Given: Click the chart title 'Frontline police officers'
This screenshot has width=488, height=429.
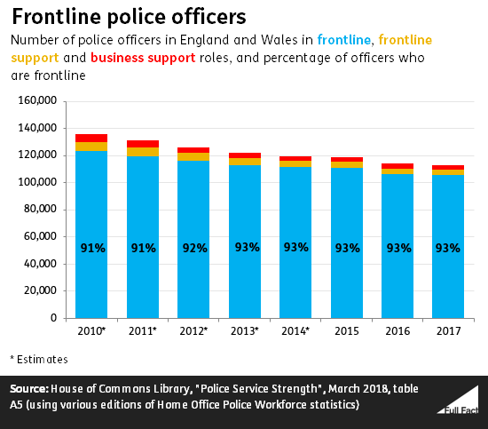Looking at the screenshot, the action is pyautogui.click(x=129, y=17).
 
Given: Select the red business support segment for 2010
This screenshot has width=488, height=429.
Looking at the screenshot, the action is pyautogui.click(x=91, y=138).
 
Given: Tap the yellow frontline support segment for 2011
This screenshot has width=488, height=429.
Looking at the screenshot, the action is pyautogui.click(x=143, y=152).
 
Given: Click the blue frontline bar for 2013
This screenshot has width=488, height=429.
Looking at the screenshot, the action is pyautogui.click(x=245, y=242).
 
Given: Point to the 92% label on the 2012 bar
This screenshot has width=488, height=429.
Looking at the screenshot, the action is pyautogui.click(x=195, y=248).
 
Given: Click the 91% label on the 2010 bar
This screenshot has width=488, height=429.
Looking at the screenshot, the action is pyautogui.click(x=93, y=248).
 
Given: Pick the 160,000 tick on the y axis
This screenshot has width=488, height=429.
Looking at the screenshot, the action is pyautogui.click(x=37, y=100).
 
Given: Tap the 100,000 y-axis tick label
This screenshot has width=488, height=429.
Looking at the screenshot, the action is pyautogui.click(x=37, y=181).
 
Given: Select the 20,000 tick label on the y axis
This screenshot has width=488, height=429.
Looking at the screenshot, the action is pyautogui.click(x=40, y=290).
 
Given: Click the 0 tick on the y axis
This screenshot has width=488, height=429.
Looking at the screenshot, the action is pyautogui.click(x=53, y=317).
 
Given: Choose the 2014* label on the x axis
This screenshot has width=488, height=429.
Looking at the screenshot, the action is pyautogui.click(x=295, y=331).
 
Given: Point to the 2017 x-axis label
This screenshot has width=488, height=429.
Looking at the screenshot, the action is pyautogui.click(x=448, y=331).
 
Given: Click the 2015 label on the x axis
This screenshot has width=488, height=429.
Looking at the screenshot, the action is pyautogui.click(x=347, y=331).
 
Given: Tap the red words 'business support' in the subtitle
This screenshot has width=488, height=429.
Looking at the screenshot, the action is pyautogui.click(x=143, y=59).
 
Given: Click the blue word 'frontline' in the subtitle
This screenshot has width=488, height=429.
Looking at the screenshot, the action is pyautogui.click(x=344, y=40).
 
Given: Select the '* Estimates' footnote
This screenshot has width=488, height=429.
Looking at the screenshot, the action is pyautogui.click(x=39, y=360).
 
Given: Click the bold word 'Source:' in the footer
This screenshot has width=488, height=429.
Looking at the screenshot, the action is pyautogui.click(x=29, y=389).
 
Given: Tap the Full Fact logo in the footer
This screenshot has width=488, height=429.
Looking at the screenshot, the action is pyautogui.click(x=458, y=401).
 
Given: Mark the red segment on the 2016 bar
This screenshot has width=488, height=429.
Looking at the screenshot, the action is pyautogui.click(x=397, y=166).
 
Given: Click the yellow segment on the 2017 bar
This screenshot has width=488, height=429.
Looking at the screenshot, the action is pyautogui.click(x=448, y=172).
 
